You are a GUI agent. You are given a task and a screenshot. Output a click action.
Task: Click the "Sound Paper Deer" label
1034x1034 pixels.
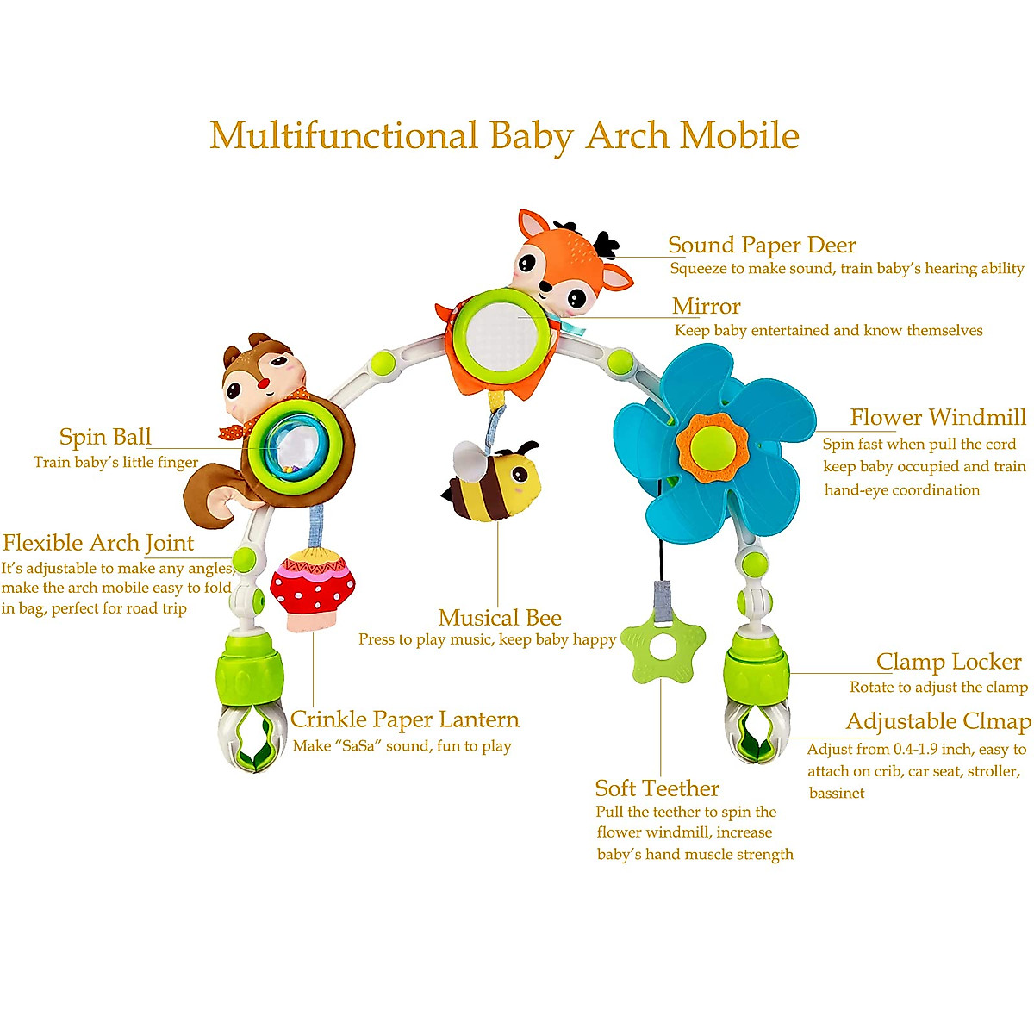click(762, 246)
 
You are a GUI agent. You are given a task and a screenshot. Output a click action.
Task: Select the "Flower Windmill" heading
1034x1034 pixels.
click(937, 418)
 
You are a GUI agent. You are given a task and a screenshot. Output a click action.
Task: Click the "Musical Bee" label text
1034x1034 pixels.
click(499, 618)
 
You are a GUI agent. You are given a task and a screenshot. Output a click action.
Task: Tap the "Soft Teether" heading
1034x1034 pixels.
click(657, 788)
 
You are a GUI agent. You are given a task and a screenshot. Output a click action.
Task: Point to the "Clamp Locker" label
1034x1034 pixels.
click(949, 662)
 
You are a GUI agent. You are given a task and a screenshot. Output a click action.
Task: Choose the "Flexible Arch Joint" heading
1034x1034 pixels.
click(97, 544)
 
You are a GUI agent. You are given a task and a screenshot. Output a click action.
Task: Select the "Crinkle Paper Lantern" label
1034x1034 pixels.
click(404, 719)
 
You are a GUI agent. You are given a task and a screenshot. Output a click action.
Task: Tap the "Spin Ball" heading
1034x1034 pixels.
click(105, 437)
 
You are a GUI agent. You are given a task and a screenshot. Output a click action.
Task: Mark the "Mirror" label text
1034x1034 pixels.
click(706, 307)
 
